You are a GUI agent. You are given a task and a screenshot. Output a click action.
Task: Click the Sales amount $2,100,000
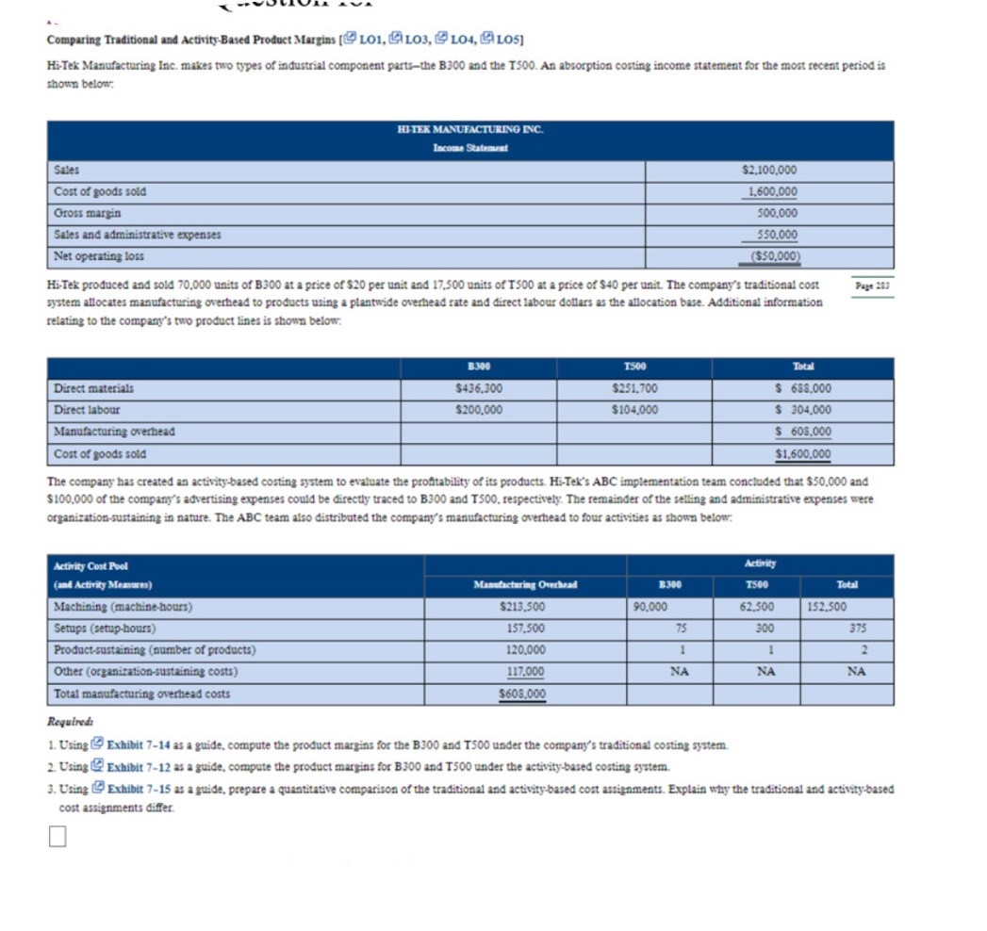pyautogui.click(x=769, y=171)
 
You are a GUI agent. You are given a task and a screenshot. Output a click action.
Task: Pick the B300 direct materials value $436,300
pyautogui.click(x=478, y=388)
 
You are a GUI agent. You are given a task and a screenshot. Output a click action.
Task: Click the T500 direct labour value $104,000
pyautogui.click(x=633, y=410)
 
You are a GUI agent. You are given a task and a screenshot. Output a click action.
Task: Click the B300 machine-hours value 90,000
pyautogui.click(x=651, y=608)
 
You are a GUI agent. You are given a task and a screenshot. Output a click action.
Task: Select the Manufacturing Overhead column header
pyautogui.click(x=525, y=585)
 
